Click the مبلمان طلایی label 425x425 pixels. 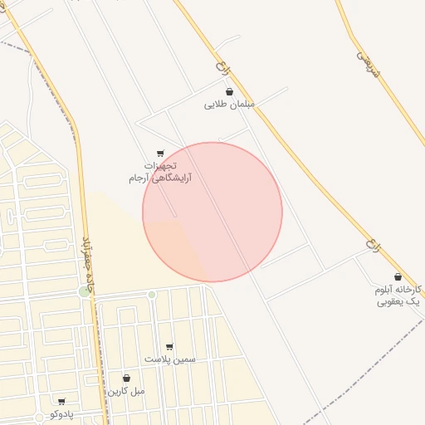(229, 105)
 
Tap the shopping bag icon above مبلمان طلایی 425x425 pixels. (229, 92)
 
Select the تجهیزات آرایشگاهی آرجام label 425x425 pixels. (159, 172)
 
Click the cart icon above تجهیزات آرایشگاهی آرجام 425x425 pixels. (160, 153)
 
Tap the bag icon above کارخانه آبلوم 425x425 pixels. (398, 277)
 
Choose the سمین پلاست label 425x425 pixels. (169, 359)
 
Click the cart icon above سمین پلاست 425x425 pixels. (169, 347)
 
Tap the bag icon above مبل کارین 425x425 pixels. (126, 379)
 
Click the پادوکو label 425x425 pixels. (61, 413)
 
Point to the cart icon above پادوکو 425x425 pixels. (61, 402)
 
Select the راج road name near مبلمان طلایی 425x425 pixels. (220, 64)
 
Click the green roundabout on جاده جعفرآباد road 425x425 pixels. (84, 291)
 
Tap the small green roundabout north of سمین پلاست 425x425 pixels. (152, 295)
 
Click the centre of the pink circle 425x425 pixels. (212, 212)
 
